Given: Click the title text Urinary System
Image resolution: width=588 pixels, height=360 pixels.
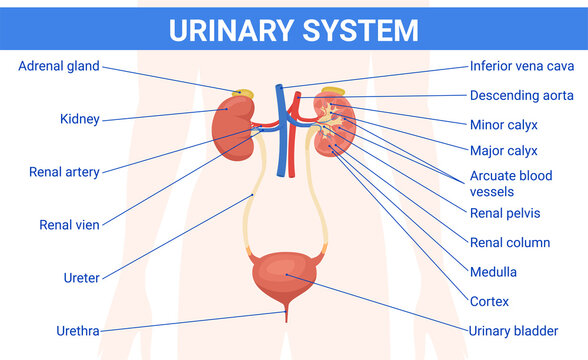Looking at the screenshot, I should pyautogui.click(x=293, y=29).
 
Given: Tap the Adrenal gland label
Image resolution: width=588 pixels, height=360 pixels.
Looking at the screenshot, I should pyautogui.click(x=59, y=67).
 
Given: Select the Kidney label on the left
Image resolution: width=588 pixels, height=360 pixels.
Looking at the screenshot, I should pyautogui.click(x=79, y=119).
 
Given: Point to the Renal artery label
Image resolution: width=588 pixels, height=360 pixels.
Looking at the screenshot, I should pyautogui.click(x=64, y=172).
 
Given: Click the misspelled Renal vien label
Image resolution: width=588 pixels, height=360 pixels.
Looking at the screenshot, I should pyautogui.click(x=70, y=225).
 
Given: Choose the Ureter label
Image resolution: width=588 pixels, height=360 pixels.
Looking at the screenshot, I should pyautogui.click(x=81, y=278).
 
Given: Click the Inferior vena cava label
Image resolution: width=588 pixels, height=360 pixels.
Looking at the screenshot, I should pyautogui.click(x=522, y=67).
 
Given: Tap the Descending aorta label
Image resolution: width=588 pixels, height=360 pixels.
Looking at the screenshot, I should pyautogui.click(x=521, y=96).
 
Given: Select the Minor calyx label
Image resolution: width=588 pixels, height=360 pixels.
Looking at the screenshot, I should pyautogui.click(x=503, y=125).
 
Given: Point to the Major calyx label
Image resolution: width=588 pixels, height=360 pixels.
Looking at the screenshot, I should pyautogui.click(x=503, y=151).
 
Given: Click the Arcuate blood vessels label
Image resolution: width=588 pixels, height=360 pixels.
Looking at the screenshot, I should pyautogui.click(x=510, y=183).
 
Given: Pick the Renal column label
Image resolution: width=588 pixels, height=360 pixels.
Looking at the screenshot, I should pyautogui.click(x=509, y=242).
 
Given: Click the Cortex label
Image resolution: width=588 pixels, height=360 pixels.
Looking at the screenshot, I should pyautogui.click(x=489, y=301).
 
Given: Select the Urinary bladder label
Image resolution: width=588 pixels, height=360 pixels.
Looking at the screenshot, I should pyautogui.click(x=513, y=330).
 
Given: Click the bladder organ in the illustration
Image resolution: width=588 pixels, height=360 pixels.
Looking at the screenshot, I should pyautogui.click(x=285, y=276).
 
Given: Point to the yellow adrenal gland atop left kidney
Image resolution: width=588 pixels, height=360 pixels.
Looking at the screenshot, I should pyautogui.click(x=242, y=96).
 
